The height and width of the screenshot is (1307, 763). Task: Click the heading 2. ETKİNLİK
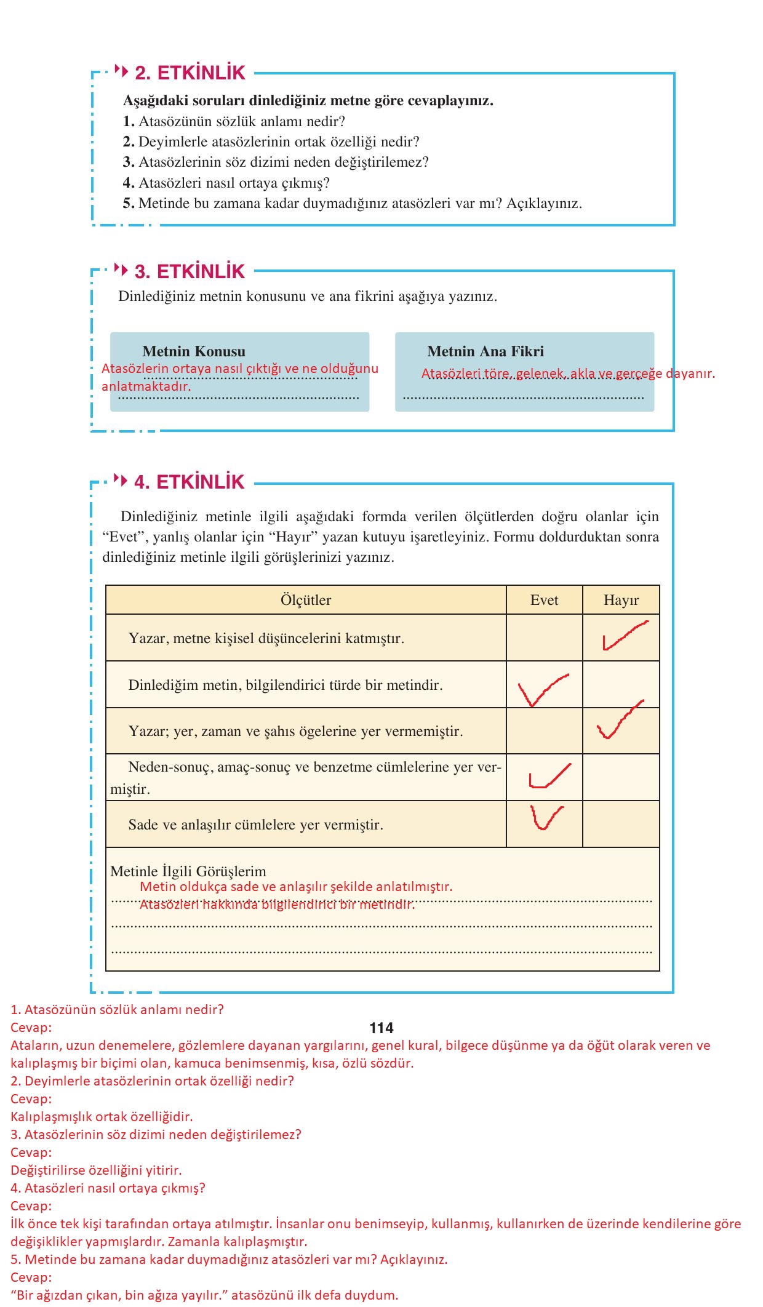tap(190, 73)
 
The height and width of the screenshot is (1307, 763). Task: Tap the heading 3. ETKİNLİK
tap(190, 271)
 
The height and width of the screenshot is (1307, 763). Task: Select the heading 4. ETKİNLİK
tap(190, 482)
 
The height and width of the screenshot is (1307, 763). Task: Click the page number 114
tap(381, 1028)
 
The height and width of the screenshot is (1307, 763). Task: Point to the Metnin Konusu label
tap(194, 351)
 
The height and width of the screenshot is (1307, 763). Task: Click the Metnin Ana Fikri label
tap(485, 351)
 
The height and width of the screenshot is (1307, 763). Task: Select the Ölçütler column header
tap(306, 600)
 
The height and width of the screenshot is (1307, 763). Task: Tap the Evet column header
tap(544, 600)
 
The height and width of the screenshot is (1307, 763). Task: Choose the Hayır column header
tap(621, 600)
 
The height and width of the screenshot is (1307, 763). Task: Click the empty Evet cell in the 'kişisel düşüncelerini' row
tap(544, 638)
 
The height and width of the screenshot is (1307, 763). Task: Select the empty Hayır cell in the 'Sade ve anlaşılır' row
tap(621, 825)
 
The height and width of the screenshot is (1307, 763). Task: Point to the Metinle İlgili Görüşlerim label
tap(188, 871)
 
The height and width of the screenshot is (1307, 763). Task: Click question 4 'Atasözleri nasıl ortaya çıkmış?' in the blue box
tap(226, 183)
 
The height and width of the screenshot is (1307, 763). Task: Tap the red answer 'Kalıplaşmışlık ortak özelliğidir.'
tap(102, 1116)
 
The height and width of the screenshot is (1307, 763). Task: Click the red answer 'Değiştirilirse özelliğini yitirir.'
tap(96, 1170)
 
